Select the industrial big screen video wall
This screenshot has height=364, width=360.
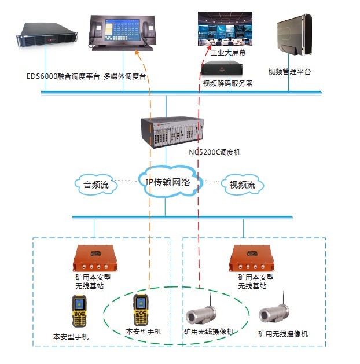(228, 28)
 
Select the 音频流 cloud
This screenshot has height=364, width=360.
(96, 185)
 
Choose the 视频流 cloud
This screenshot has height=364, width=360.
(243, 185)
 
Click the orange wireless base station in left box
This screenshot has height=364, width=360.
(95, 258)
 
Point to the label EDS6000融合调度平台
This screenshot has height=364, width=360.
(64, 76)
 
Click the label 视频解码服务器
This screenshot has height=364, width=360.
(227, 83)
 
